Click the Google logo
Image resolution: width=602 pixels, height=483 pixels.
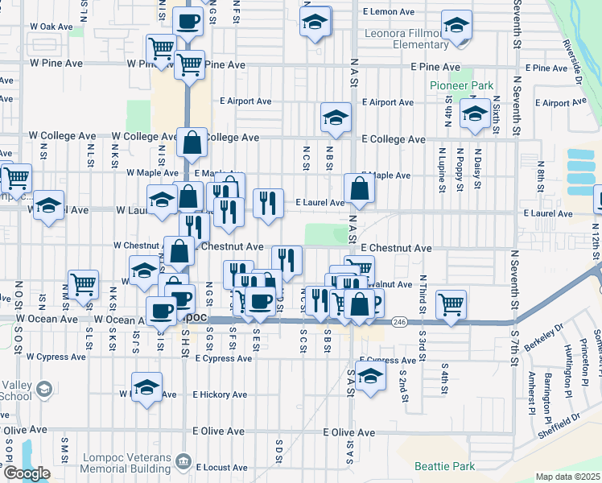point(27,473)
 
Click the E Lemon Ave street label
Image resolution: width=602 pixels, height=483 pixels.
point(388,12)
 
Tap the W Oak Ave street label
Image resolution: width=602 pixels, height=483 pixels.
point(51,27)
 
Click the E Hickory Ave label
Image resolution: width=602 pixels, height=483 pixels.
point(218,395)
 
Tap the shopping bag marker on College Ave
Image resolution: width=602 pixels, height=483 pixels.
point(192,144)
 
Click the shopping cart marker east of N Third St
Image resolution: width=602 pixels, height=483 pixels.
point(451,304)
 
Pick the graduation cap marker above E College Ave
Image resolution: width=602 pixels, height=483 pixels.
point(336,118)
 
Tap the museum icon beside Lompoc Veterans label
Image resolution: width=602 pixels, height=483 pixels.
point(184,461)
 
